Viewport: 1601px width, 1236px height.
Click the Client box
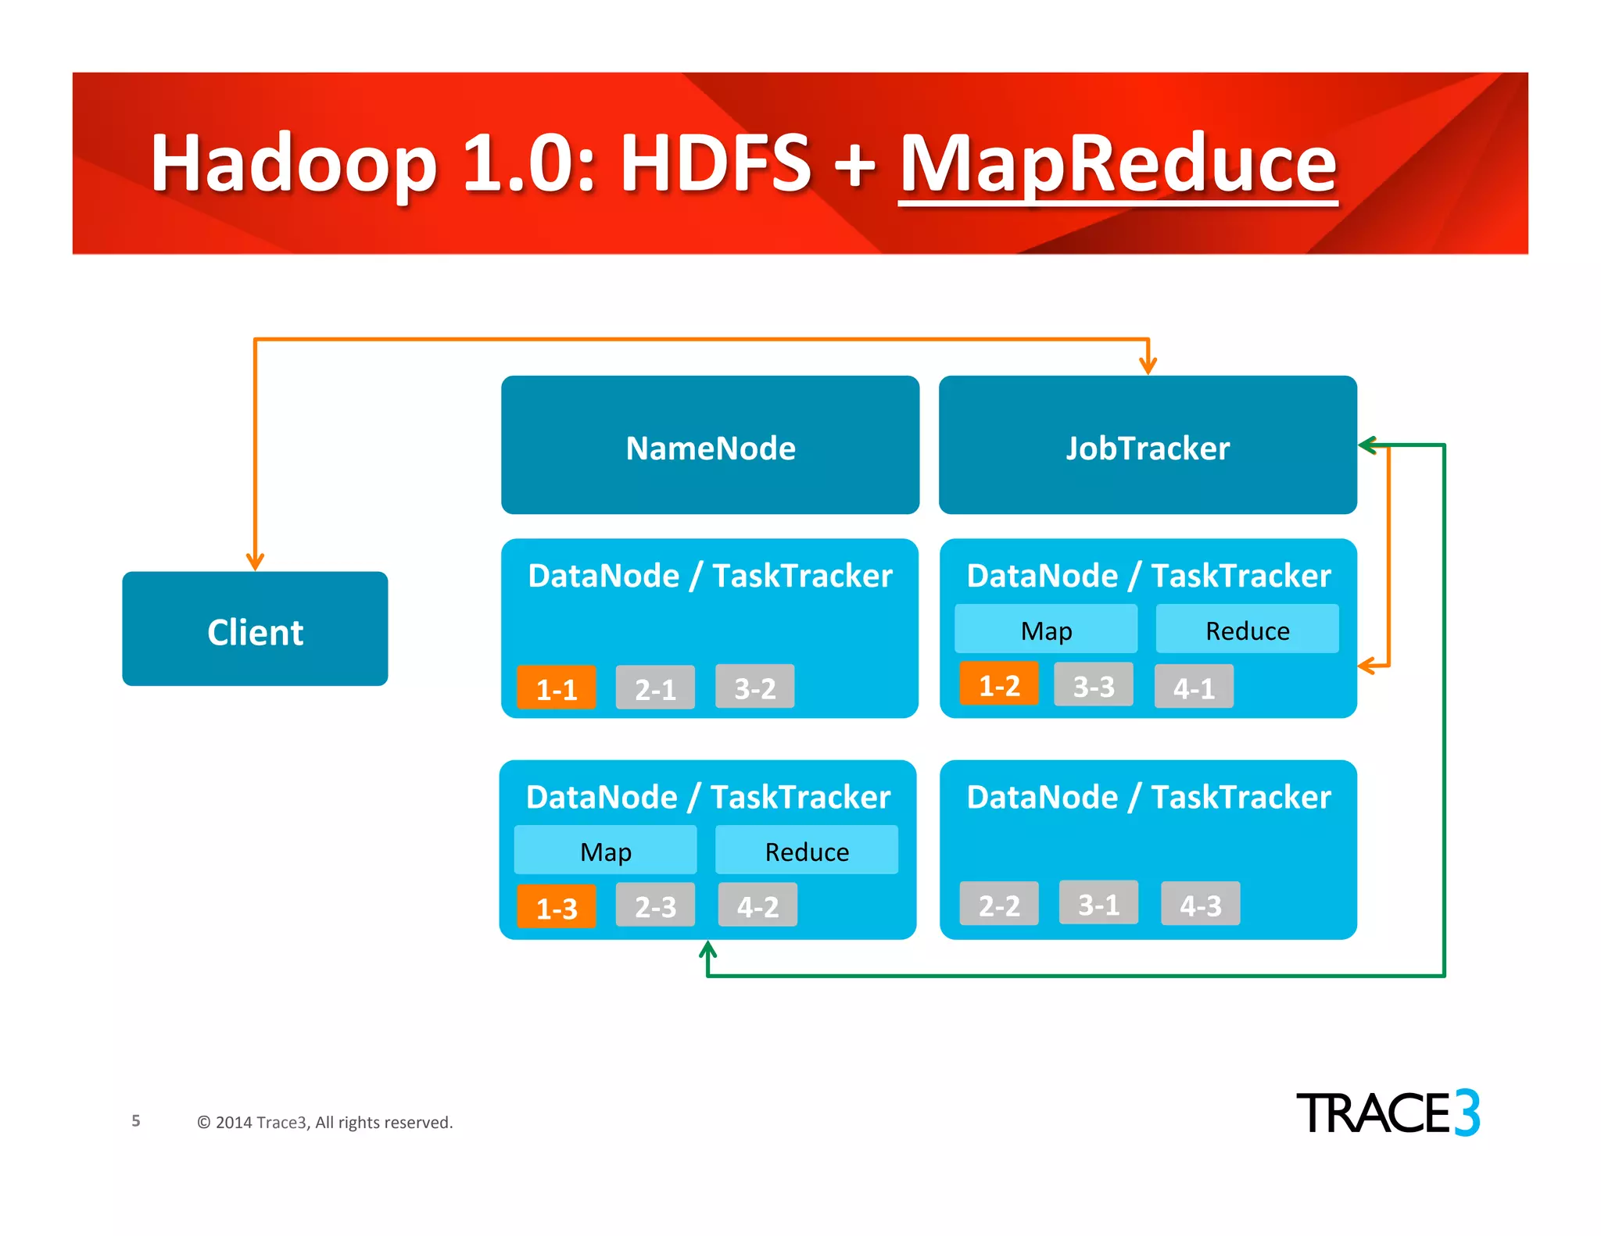coord(255,629)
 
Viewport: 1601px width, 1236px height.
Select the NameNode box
coord(710,445)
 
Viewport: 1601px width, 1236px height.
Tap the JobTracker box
coord(1148,445)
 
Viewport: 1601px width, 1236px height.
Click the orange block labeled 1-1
coord(557,688)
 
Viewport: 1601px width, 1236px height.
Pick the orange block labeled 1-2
coord(999,684)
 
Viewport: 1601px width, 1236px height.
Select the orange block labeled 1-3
coord(557,906)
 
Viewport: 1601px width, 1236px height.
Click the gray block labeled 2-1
coord(655,688)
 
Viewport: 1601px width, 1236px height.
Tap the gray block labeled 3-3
coord(1093,684)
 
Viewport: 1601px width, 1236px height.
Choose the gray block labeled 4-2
coord(758,905)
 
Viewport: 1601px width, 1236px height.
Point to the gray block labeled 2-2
coord(999,904)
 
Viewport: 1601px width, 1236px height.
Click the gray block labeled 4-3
coord(1200,904)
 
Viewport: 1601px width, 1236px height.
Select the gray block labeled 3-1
coord(1098,902)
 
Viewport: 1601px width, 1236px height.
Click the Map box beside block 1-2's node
coord(1046,629)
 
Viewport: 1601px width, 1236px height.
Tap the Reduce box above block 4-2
coord(807,850)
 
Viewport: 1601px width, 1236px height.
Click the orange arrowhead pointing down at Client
coord(255,562)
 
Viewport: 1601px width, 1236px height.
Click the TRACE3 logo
coord(1388,1113)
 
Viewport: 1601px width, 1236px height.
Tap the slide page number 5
coord(136,1120)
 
